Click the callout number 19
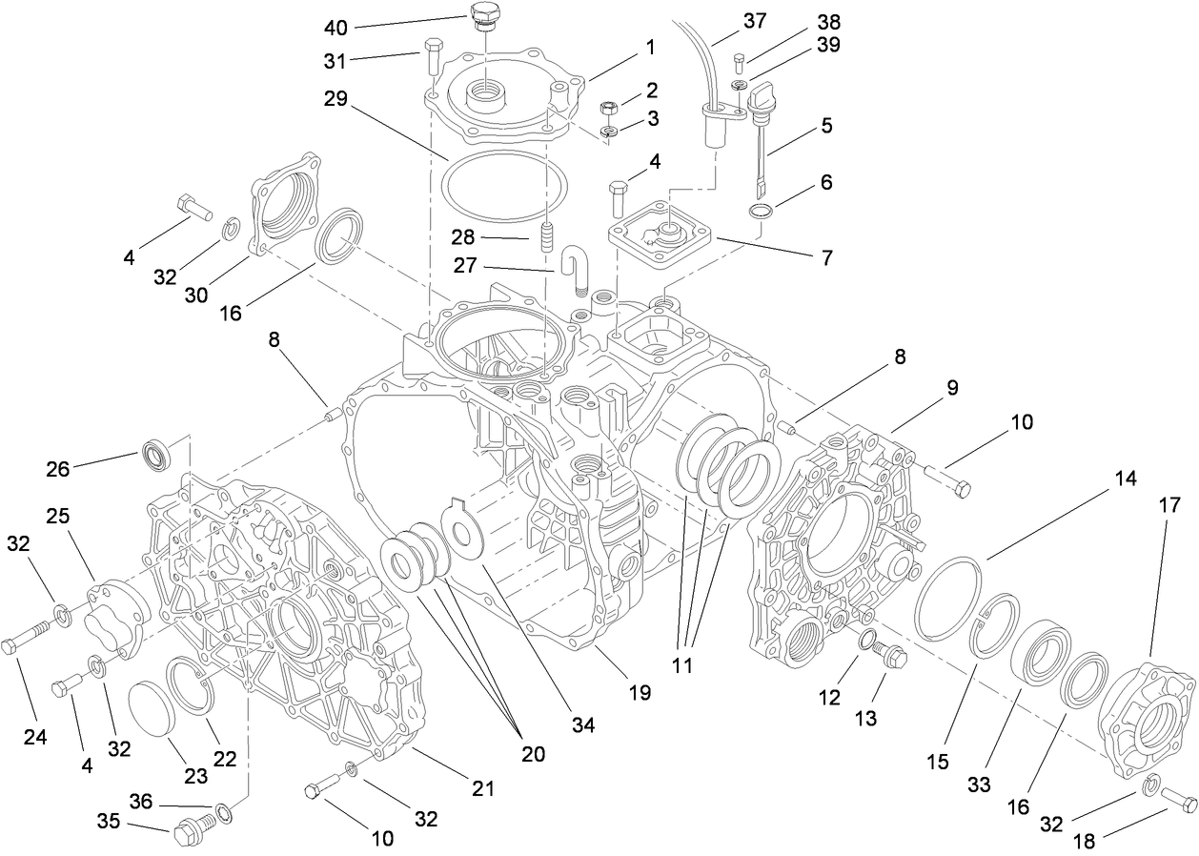(640, 692)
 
